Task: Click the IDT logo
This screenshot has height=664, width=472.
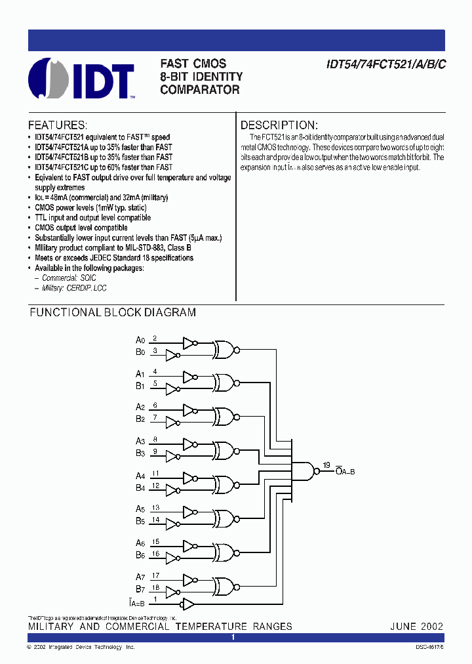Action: [x=81, y=79]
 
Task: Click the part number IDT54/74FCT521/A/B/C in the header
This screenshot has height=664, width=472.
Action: [x=386, y=65]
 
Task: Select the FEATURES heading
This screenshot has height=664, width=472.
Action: [x=57, y=125]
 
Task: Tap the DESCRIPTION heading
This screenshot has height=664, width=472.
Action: [x=279, y=125]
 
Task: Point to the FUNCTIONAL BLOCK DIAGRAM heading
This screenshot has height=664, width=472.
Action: [x=113, y=313]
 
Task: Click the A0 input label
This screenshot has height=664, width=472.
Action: [x=140, y=340]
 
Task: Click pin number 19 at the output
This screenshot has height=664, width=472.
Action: [x=326, y=466]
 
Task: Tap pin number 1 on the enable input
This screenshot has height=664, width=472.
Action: [x=155, y=599]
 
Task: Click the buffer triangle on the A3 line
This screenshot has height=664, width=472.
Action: [x=189, y=444]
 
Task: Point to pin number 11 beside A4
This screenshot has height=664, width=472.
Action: [x=155, y=473]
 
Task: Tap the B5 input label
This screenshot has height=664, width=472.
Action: [x=140, y=522]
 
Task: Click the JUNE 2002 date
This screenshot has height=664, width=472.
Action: [x=417, y=626]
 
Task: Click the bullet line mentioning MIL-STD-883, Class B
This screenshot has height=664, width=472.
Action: [x=113, y=248]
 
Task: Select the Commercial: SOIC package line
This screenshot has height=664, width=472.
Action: [x=69, y=278]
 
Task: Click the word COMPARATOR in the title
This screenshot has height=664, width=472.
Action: [x=200, y=90]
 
